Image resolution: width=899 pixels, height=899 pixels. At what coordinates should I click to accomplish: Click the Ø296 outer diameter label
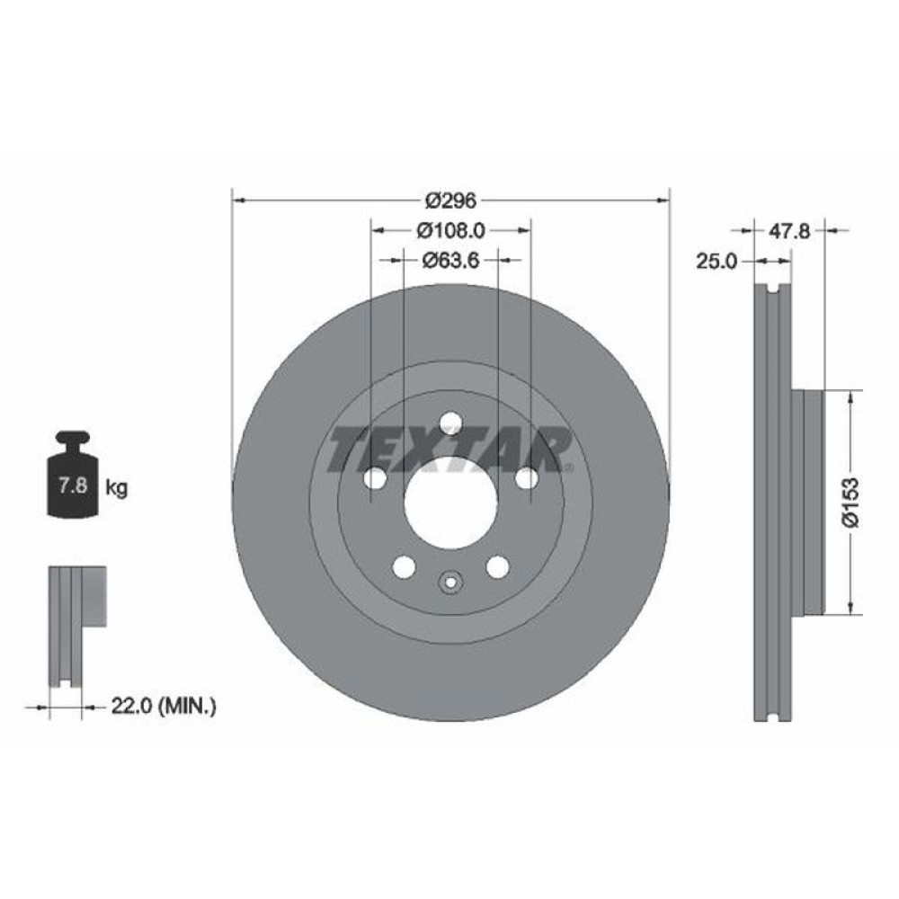(450, 200)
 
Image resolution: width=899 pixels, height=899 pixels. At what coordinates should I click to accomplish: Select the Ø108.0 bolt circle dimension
(450, 230)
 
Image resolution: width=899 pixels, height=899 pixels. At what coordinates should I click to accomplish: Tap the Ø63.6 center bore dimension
(450, 261)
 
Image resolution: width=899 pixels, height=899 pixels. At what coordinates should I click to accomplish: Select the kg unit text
(116, 488)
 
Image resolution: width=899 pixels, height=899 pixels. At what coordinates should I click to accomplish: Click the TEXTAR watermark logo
(450, 450)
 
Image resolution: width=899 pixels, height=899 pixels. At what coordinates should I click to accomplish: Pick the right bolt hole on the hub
(526, 479)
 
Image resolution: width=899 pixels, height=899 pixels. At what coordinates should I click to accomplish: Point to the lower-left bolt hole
(404, 567)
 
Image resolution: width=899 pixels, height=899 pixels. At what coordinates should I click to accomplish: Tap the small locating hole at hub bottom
(450, 583)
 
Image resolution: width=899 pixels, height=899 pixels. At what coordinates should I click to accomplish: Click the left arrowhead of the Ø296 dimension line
(236, 200)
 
